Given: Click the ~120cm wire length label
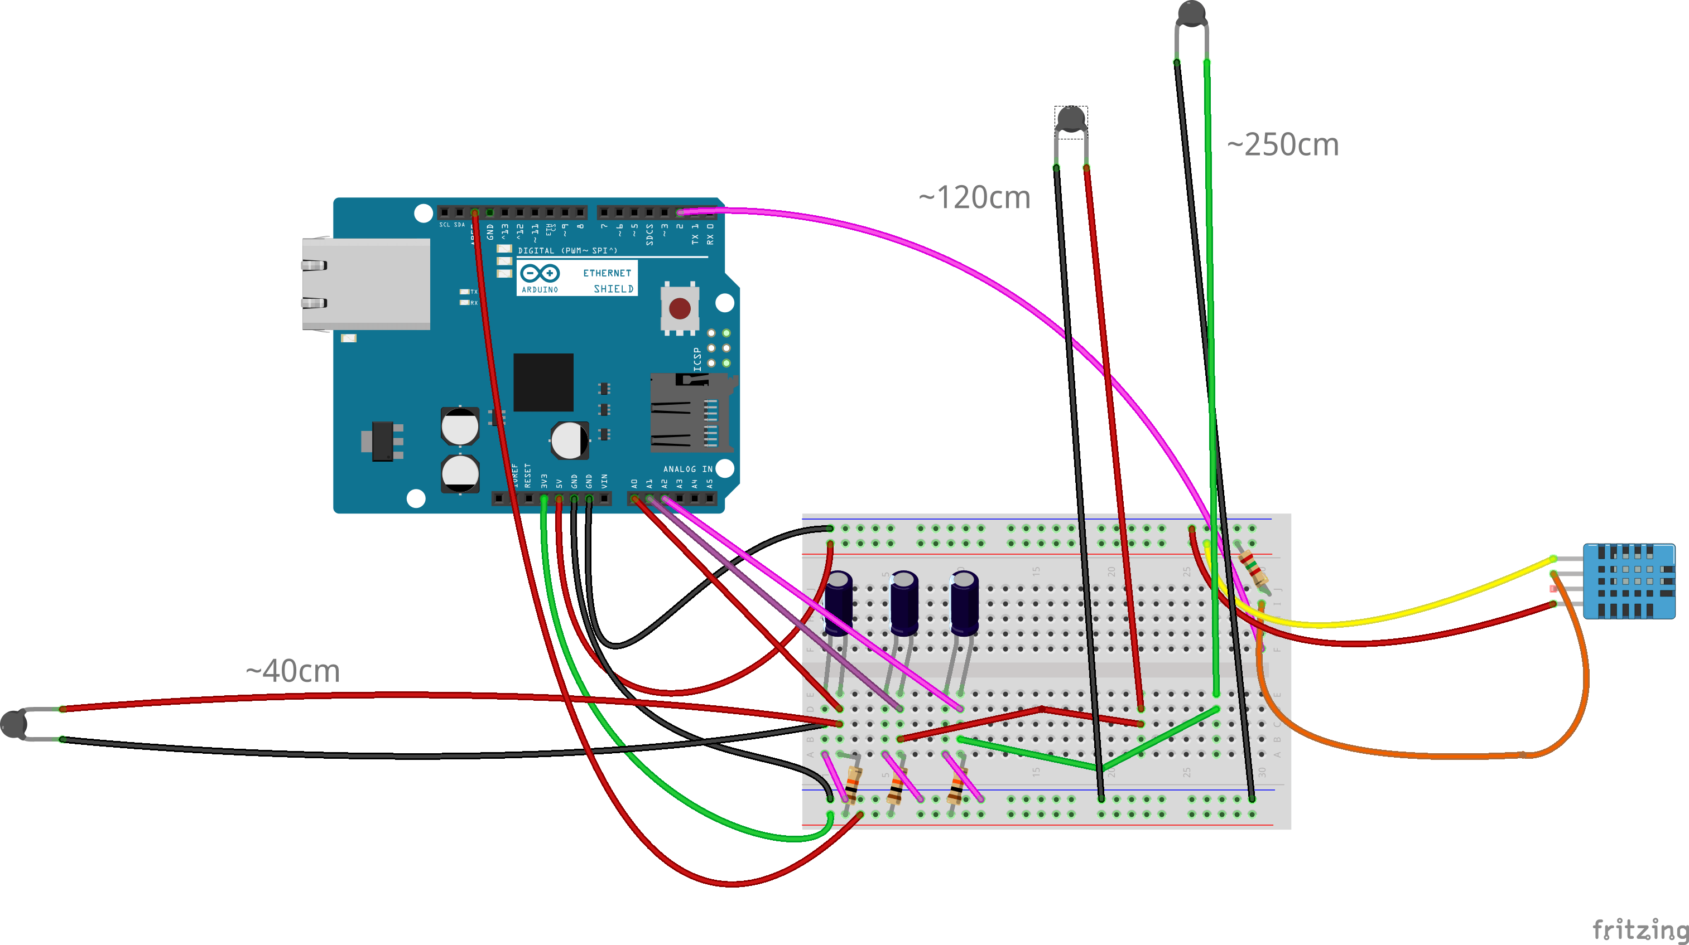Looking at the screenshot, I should click(x=974, y=197).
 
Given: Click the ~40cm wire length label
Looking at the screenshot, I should click(x=292, y=671).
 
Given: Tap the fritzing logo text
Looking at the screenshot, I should click(x=1640, y=929).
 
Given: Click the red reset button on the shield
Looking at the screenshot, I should click(x=679, y=308).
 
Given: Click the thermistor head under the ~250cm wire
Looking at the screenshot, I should click(x=1191, y=13).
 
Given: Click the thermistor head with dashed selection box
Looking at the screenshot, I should click(x=1071, y=119).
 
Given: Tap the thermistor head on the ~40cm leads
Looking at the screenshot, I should click(x=13, y=724).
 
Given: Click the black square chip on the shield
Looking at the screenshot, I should click(x=543, y=382).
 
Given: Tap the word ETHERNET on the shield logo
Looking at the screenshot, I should click(x=607, y=273).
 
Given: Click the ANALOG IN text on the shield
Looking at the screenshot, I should click(x=687, y=469).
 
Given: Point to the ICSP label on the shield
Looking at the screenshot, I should click(x=697, y=359).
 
